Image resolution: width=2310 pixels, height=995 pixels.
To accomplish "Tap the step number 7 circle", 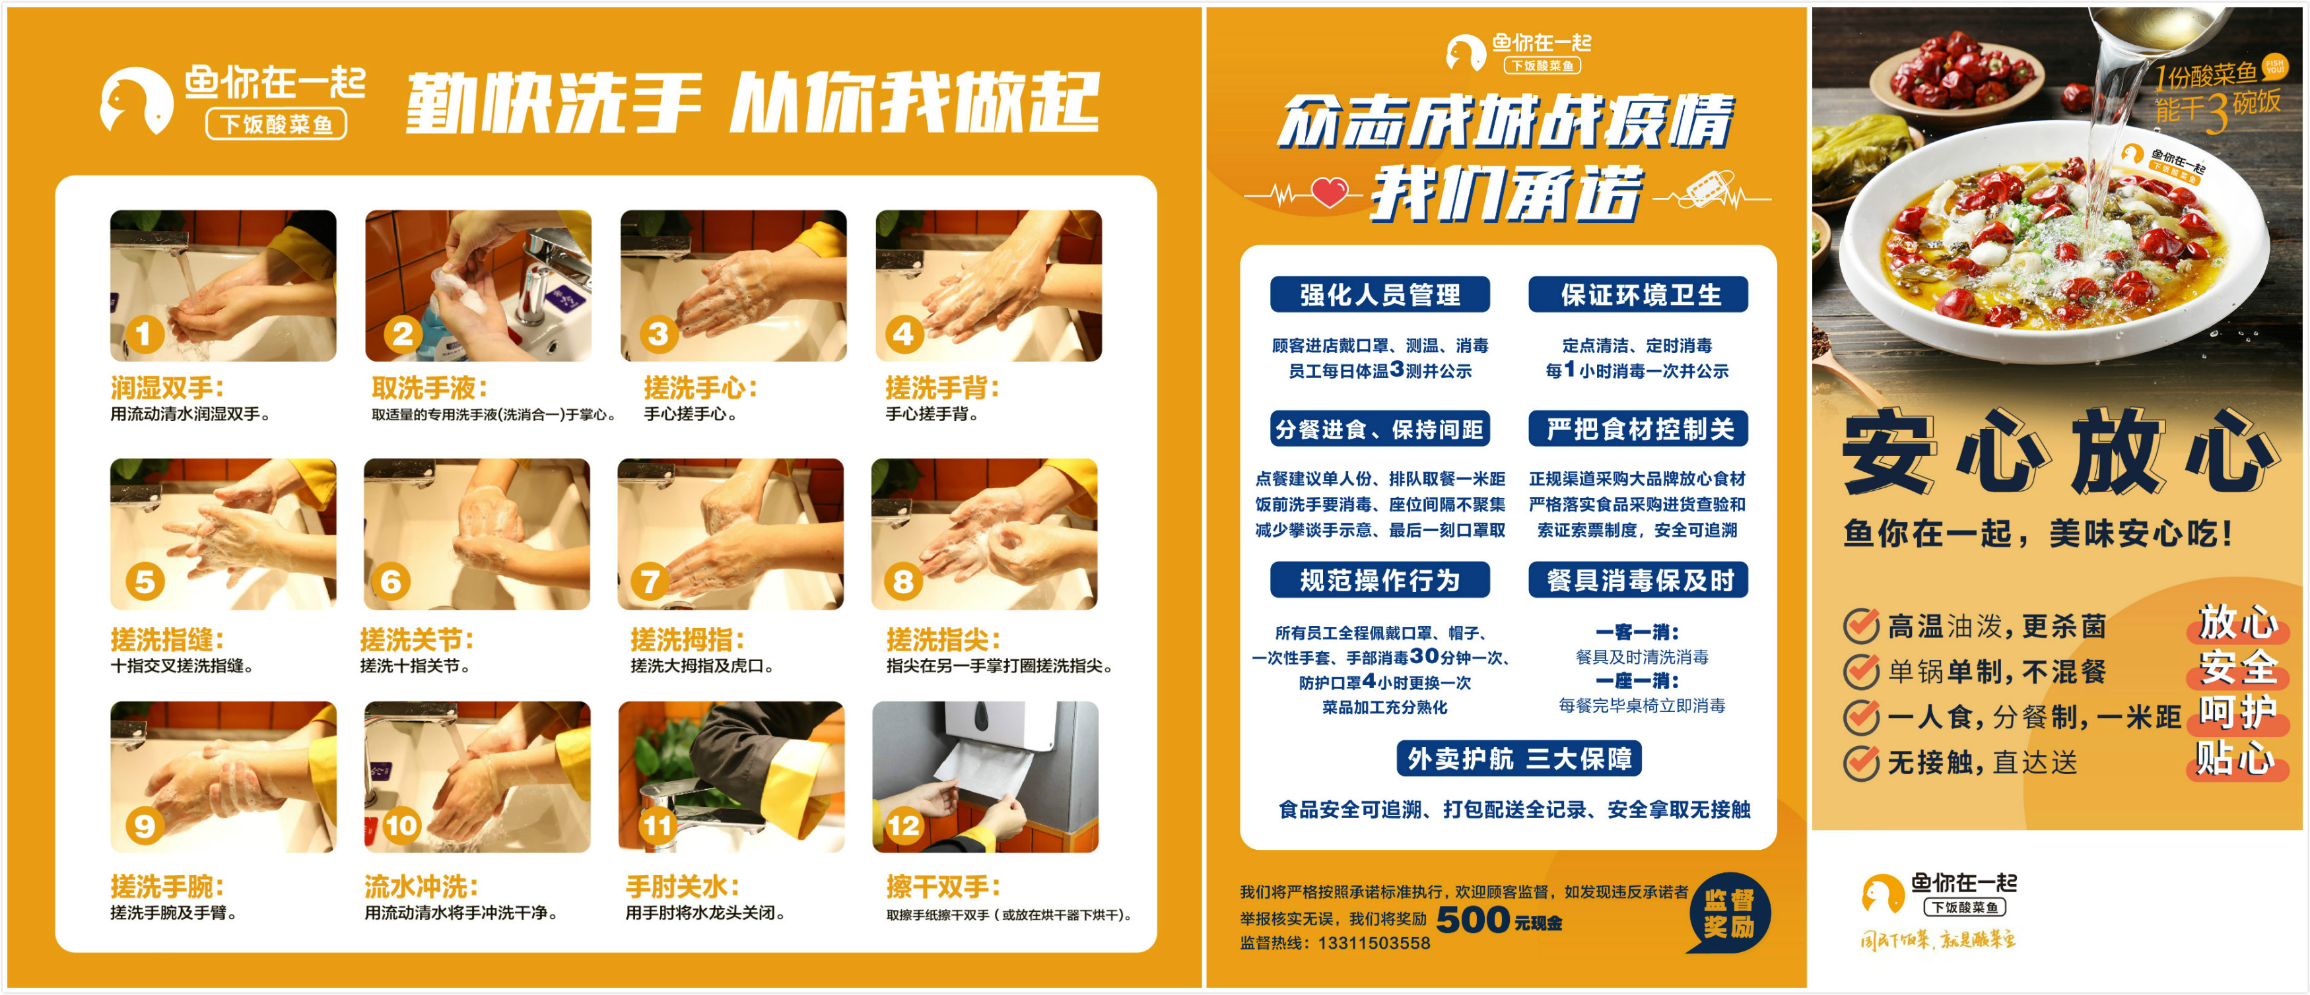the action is (x=650, y=582).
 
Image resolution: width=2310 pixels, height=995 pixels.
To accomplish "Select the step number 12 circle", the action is (x=903, y=825).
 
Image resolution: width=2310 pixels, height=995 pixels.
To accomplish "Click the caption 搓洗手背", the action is (x=941, y=388).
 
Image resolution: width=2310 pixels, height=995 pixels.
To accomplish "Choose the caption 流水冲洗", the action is (x=421, y=887).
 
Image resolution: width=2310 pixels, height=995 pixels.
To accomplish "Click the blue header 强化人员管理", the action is (x=1380, y=295).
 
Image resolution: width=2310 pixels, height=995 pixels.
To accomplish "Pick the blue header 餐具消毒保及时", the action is (x=1639, y=580).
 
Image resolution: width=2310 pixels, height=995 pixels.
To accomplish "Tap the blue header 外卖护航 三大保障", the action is (x=1519, y=758).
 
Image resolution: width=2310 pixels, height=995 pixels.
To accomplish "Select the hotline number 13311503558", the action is (x=1374, y=943).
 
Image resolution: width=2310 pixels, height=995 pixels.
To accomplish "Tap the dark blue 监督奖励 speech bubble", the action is (x=1729, y=913).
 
